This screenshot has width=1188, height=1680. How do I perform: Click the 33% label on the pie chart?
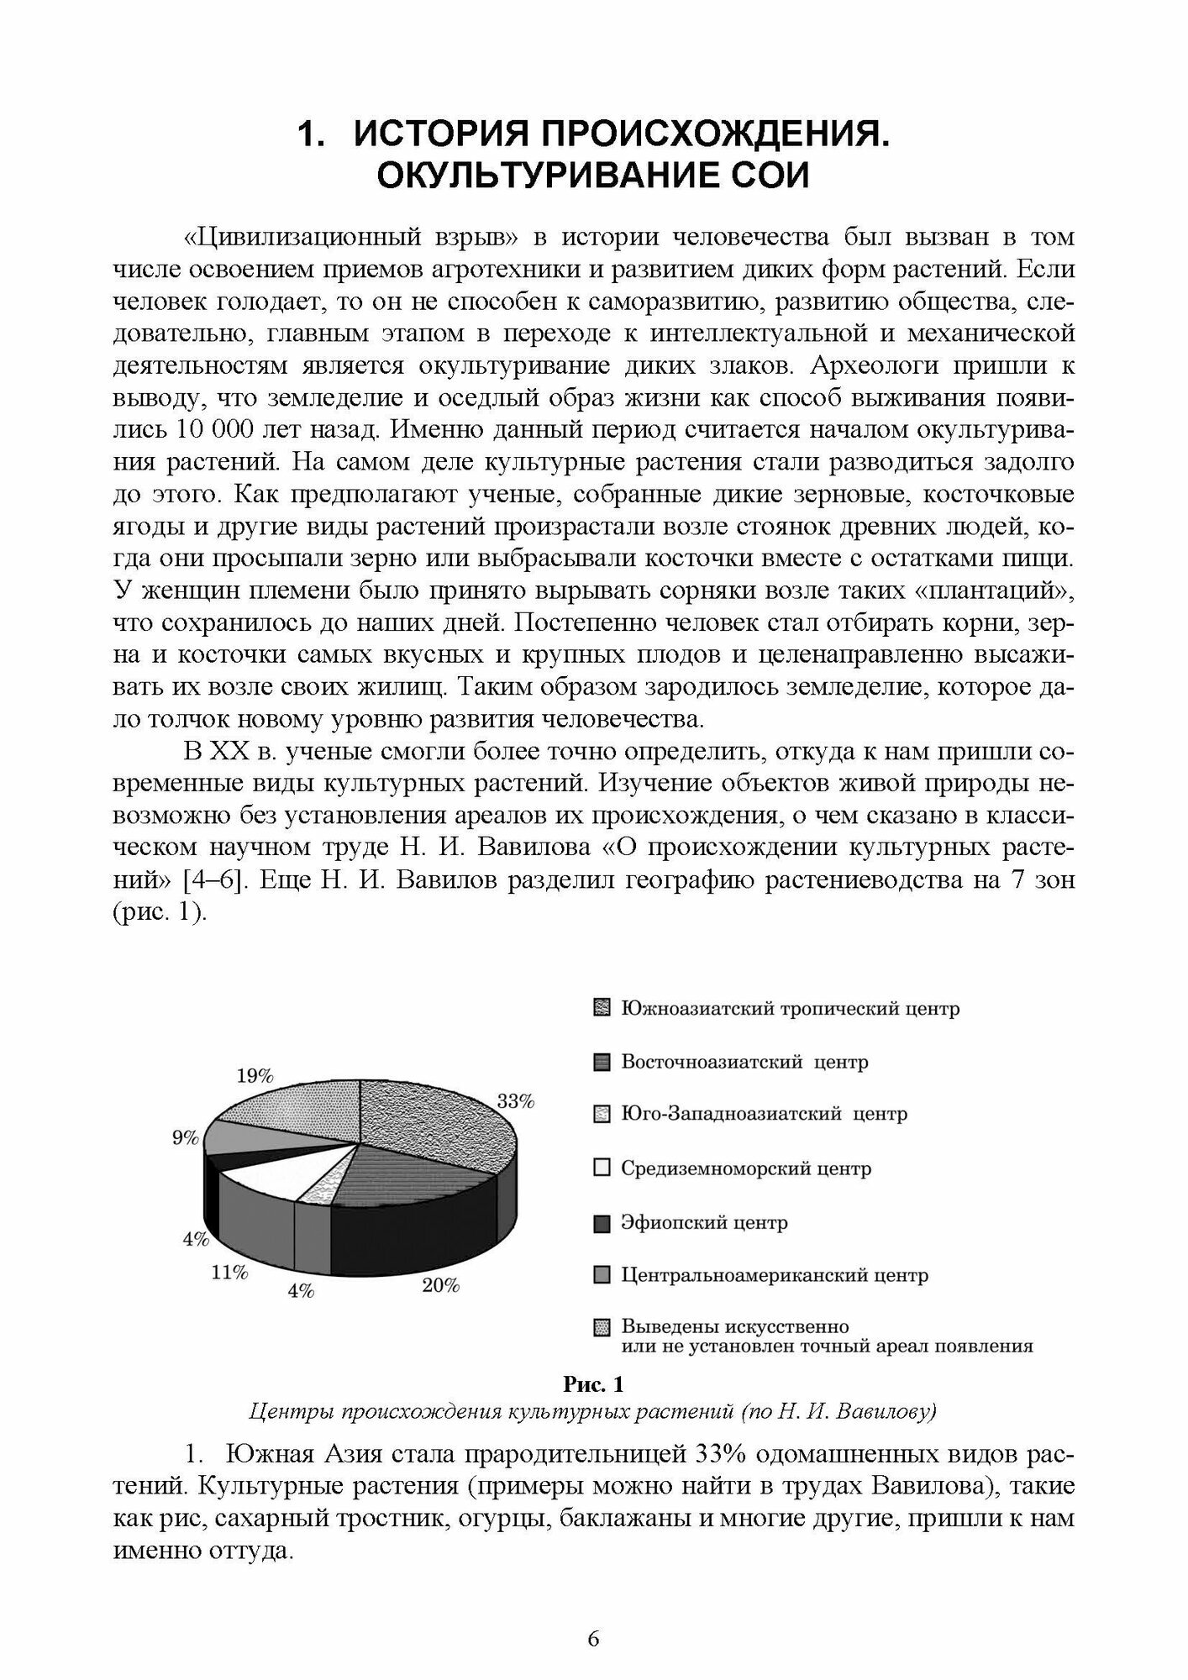click(x=516, y=1102)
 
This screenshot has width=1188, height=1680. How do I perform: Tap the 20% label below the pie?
click(x=440, y=1285)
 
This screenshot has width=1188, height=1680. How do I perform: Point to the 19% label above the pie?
click(x=255, y=1076)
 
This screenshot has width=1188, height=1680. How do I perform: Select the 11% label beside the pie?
click(x=229, y=1273)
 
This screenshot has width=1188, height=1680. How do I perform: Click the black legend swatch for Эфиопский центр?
click(x=601, y=1223)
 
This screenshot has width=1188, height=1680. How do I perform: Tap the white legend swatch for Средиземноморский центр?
click(x=601, y=1168)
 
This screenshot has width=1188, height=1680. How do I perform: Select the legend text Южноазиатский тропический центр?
click(x=790, y=1009)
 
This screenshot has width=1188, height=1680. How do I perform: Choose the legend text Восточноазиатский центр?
click(x=744, y=1062)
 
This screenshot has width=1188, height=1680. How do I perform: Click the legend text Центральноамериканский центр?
click(x=775, y=1275)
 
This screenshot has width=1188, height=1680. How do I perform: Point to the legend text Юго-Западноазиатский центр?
click(x=764, y=1115)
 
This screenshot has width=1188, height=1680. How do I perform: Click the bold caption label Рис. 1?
click(x=593, y=1383)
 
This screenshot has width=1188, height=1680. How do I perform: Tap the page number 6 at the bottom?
click(x=593, y=1639)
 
